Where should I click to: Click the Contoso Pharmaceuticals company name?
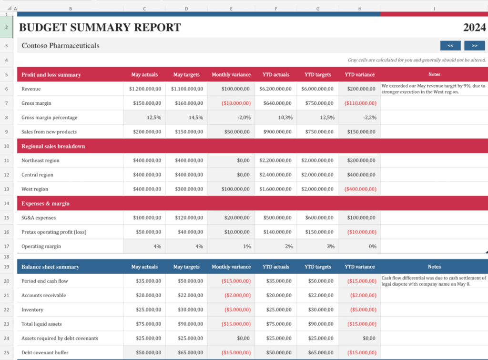click(61, 46)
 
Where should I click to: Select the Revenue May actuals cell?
click(145, 89)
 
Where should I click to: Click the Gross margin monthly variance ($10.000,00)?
click(234, 103)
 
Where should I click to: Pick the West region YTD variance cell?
click(360, 189)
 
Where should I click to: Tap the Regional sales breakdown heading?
click(53, 146)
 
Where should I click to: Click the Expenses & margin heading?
click(45, 203)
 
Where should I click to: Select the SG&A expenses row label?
click(39, 218)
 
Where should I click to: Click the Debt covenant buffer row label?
click(45, 352)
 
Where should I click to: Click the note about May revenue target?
click(433, 89)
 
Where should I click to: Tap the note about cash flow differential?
click(433, 281)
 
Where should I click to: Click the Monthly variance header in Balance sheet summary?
click(231, 267)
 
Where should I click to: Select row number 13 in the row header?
click(7, 189)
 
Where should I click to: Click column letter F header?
click(276, 9)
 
